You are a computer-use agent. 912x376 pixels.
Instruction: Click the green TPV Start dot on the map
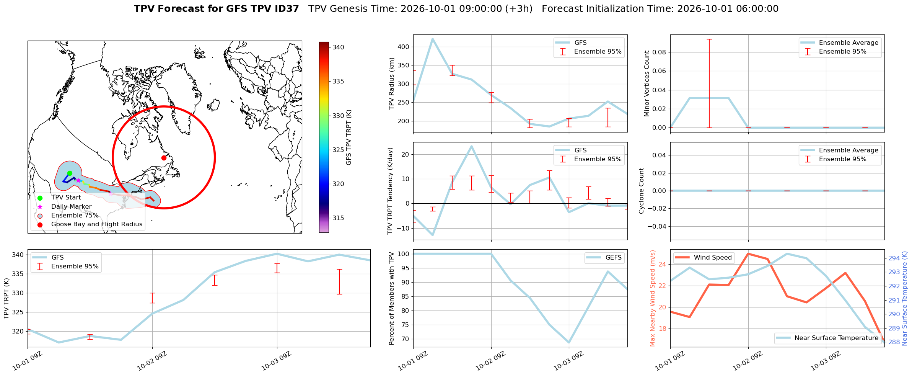pos(70,173)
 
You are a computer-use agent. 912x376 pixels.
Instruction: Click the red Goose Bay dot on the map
pos(164,158)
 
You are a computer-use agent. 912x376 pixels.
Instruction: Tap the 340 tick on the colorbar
pos(338,47)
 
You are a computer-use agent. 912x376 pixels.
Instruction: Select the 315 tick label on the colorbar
pos(338,218)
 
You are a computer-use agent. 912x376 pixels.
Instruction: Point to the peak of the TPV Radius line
pos(433,39)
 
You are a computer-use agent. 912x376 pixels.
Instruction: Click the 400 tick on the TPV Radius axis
pos(404,47)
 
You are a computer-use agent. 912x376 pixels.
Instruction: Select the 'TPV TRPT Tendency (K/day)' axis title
pos(390,191)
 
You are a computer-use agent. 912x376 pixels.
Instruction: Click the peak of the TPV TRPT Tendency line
pos(472,146)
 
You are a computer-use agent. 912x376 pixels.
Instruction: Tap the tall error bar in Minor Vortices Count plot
pos(709,83)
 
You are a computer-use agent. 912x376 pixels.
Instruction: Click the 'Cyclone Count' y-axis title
pos(642,191)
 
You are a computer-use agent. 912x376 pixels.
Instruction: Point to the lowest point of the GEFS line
pos(569,342)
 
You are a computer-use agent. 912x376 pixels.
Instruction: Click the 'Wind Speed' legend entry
pos(703,258)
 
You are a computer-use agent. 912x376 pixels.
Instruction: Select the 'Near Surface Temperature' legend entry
pos(827,338)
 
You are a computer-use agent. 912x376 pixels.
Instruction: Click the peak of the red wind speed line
pos(748,253)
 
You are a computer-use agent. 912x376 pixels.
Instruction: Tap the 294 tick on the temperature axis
pos(894,258)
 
